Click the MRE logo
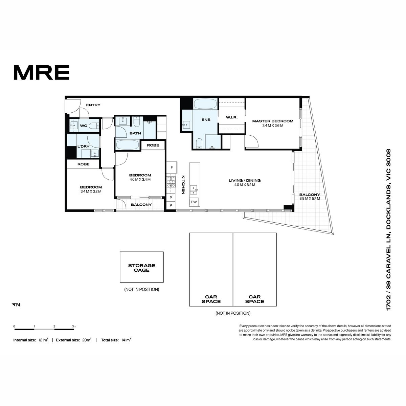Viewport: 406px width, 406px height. (x=42, y=72)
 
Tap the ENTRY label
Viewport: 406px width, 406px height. (x=93, y=105)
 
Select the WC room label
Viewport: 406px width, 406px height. (x=84, y=126)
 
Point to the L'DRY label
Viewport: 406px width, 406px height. (x=84, y=146)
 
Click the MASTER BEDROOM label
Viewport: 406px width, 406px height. (x=273, y=121)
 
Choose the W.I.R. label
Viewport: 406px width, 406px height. (x=232, y=117)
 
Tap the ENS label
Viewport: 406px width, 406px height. (x=206, y=120)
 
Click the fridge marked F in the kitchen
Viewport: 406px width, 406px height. (x=172, y=167)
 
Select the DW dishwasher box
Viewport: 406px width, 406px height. (x=194, y=202)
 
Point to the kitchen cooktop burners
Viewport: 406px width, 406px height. (x=171, y=182)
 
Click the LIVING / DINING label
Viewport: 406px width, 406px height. (x=245, y=180)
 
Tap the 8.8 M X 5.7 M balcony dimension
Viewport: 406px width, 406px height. (x=310, y=199)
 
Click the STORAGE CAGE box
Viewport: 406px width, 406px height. (x=141, y=267)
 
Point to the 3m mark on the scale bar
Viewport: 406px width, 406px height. (x=74, y=326)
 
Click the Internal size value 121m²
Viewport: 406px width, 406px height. (x=43, y=340)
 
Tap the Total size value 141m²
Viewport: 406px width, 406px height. (x=126, y=340)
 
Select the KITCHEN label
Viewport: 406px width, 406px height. (x=183, y=185)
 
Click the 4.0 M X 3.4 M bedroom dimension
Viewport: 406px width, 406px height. (x=140, y=180)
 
